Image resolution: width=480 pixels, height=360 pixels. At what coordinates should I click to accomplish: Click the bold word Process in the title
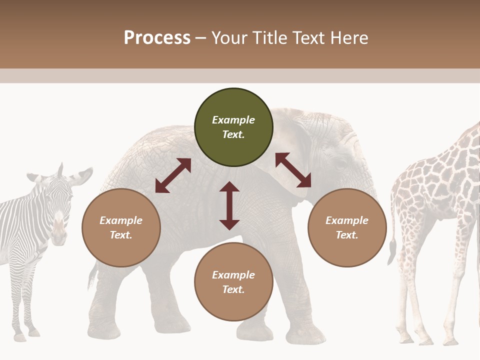coord(157,37)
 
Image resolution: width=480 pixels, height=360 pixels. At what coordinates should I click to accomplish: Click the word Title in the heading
coord(269,37)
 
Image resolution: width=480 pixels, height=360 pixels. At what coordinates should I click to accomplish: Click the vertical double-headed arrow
coord(229,205)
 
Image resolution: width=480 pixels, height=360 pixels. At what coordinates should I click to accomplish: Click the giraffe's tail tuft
coord(391,252)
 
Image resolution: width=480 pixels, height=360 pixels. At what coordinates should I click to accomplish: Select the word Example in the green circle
coord(233,120)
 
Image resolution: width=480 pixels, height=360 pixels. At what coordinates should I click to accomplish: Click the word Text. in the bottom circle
coord(233,290)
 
